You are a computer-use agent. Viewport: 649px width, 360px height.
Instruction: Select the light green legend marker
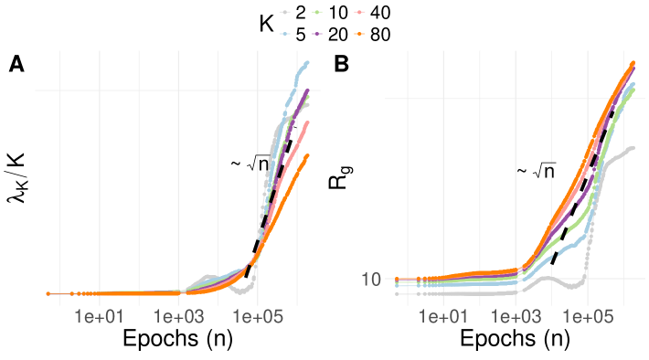(x=318, y=13)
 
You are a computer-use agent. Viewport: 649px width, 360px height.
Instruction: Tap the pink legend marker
(x=359, y=13)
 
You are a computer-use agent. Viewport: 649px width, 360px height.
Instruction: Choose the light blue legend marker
(x=285, y=34)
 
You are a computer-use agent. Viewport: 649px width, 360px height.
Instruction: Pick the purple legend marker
(x=318, y=34)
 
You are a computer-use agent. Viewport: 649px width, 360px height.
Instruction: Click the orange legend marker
(x=359, y=34)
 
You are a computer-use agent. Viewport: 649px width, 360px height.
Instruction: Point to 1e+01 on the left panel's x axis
(x=100, y=318)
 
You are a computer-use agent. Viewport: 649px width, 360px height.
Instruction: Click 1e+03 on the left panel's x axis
(x=178, y=318)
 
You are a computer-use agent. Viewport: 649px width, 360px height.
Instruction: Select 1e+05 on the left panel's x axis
(x=257, y=318)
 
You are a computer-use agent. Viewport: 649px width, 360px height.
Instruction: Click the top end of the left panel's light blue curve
(x=307, y=62)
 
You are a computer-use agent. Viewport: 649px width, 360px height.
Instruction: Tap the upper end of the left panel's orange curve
(x=308, y=155)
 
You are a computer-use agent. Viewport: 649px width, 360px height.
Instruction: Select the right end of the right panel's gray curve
(x=633, y=147)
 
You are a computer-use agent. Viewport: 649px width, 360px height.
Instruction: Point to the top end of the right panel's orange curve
(x=633, y=62)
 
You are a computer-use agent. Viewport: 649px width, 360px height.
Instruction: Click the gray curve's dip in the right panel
(x=574, y=286)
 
